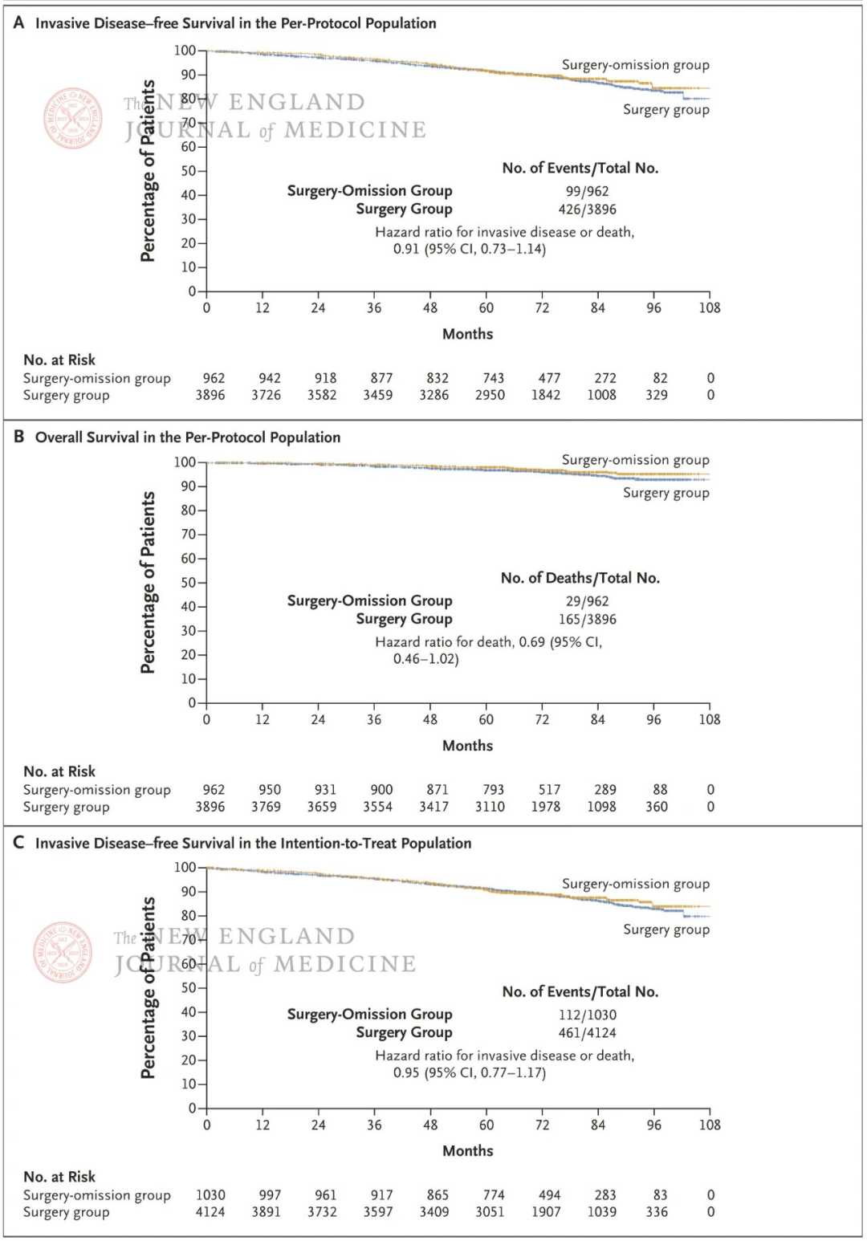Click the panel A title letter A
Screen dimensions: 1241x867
tap(18, 22)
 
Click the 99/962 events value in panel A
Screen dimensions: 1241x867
tap(587, 191)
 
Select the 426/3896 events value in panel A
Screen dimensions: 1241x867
tap(587, 210)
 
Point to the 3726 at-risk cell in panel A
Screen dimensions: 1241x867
tap(266, 395)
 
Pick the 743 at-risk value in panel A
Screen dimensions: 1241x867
tap(493, 378)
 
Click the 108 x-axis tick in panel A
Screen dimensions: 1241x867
tap(710, 307)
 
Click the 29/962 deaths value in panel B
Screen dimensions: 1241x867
tap(587, 601)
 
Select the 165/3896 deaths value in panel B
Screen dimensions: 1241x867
tap(587, 620)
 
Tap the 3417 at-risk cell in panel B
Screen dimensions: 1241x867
tap(433, 807)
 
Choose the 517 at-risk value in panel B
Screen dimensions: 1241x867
tap(549, 790)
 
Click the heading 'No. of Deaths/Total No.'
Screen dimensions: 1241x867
tap(580, 578)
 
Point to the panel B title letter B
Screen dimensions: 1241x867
tap(18, 437)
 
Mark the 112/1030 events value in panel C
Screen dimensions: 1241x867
tap(587, 1015)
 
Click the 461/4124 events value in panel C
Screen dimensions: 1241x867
tap(587, 1033)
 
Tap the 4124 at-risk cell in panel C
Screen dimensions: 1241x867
tap(210, 1212)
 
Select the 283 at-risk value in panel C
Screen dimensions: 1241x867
tap(605, 1195)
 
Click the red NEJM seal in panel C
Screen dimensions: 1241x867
tap(63, 952)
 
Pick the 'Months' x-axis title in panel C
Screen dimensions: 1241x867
tap(467, 1150)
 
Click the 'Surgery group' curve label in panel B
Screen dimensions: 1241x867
tap(666, 493)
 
